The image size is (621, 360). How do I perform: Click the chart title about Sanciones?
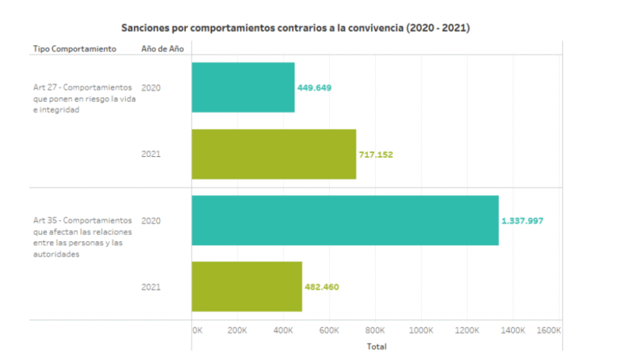[x=295, y=28]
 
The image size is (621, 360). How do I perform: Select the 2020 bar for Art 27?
[x=243, y=87]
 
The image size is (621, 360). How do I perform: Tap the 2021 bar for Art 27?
[x=273, y=154]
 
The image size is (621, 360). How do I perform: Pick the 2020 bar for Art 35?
[x=344, y=220]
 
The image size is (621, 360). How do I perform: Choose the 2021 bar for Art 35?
[x=247, y=286]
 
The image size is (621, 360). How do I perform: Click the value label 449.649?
[x=315, y=87]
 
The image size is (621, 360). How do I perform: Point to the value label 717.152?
[x=375, y=154]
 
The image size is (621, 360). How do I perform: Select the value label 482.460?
[x=322, y=286]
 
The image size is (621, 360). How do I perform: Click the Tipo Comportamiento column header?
[x=74, y=49]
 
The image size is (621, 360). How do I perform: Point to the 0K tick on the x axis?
[x=197, y=330]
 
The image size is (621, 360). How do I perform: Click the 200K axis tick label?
[x=237, y=330]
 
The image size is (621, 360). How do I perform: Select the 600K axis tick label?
[x=329, y=330]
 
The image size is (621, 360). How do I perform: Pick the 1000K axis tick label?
[x=421, y=330]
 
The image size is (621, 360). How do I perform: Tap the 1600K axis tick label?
[x=548, y=330]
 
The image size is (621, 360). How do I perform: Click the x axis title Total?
[x=376, y=346]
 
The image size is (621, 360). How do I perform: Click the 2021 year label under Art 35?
[x=150, y=286]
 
